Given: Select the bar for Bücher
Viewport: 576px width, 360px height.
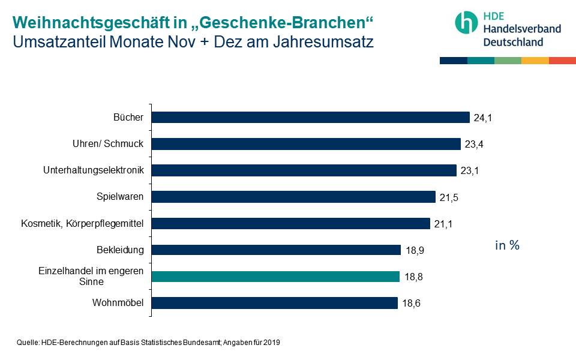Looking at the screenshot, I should click(x=310, y=118).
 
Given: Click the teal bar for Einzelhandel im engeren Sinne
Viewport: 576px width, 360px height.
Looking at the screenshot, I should click(x=275, y=277).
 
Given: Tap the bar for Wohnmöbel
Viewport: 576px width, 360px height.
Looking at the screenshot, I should click(x=274, y=303).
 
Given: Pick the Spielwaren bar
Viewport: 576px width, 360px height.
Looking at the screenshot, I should click(x=293, y=197).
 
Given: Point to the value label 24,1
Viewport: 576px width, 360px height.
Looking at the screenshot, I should click(x=482, y=118).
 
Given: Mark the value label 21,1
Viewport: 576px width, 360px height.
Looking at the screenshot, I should click(x=444, y=224).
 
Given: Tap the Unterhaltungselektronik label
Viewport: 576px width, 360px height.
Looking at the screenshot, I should click(x=94, y=170).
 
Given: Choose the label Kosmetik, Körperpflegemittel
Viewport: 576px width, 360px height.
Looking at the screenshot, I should click(x=82, y=223).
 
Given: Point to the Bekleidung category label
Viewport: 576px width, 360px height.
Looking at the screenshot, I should click(x=120, y=250).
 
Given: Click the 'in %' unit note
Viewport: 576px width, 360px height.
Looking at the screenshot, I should click(x=507, y=245).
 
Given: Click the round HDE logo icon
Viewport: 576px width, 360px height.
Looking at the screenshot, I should click(x=466, y=22).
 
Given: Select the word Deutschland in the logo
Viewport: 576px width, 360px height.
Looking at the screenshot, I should click(x=513, y=41).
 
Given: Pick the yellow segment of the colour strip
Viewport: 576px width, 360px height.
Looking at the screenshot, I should click(x=535, y=61).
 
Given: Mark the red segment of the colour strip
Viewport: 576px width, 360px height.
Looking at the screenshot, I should click(x=562, y=61).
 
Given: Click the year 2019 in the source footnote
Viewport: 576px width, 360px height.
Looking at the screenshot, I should click(x=271, y=343).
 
